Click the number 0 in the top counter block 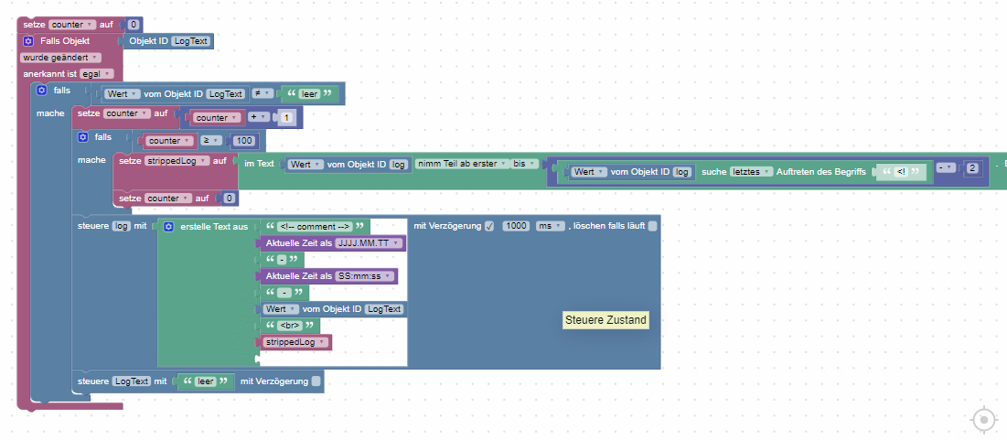(x=135, y=24)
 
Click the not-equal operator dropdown (x=262, y=93)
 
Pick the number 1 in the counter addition (x=286, y=118)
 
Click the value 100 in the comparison (x=244, y=141)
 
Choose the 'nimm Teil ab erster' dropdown (x=461, y=164)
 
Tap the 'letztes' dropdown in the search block (x=753, y=172)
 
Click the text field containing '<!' (x=902, y=172)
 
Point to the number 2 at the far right (x=972, y=167)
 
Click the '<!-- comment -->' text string (x=315, y=226)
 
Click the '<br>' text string (x=293, y=326)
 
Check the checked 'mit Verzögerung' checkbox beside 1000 (x=488, y=226)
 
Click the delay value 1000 (x=517, y=226)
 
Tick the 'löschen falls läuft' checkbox (x=652, y=226)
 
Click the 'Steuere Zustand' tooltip (x=605, y=320)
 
